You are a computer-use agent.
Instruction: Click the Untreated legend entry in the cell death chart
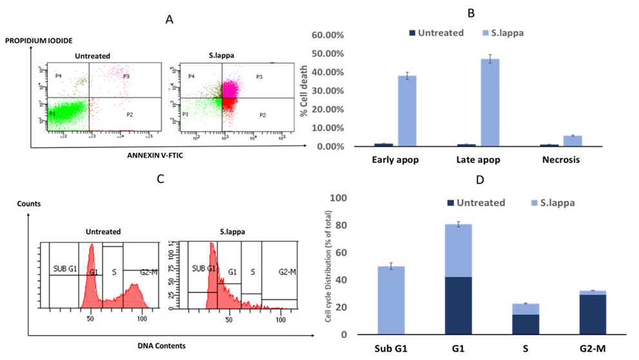tap(440, 33)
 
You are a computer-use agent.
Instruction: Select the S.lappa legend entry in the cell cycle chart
tap(557, 202)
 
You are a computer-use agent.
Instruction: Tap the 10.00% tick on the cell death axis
tap(329, 128)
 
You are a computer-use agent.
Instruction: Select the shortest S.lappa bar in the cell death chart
tap(573, 140)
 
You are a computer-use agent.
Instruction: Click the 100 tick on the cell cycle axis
tap(338, 198)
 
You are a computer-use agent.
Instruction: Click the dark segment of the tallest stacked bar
tap(459, 305)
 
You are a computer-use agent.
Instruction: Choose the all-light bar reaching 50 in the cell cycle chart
tap(391, 300)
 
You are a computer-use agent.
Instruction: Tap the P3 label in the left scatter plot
tap(126, 76)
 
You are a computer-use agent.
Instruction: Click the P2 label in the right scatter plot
tap(262, 115)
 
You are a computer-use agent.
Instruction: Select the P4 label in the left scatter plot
tap(58, 76)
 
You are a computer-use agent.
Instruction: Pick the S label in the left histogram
tap(113, 272)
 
